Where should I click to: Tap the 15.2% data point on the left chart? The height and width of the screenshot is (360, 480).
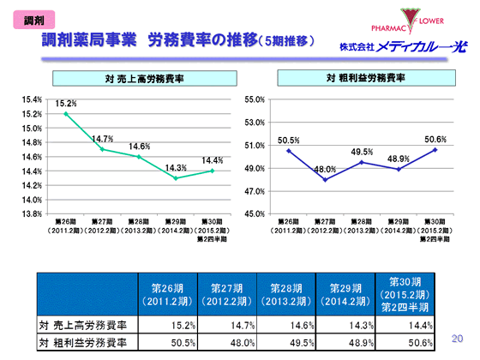(65, 113)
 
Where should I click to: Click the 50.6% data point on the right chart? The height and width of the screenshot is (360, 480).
(434, 149)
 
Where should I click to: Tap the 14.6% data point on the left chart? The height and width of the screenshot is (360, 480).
(138, 156)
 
